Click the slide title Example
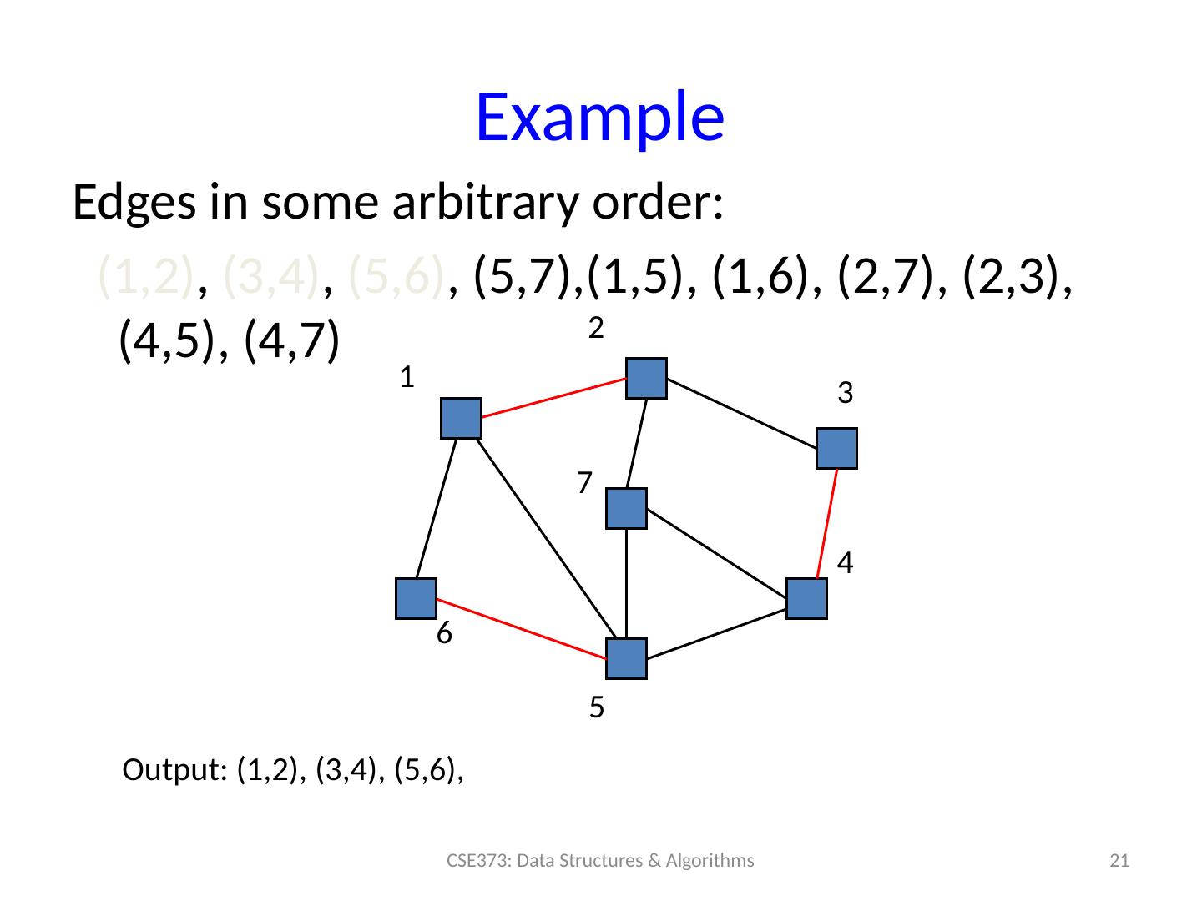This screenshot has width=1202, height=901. (x=598, y=117)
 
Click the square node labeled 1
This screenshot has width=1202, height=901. (x=461, y=418)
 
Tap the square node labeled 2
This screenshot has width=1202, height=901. (x=646, y=378)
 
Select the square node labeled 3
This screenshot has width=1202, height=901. (x=837, y=448)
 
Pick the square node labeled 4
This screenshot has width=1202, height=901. (x=806, y=598)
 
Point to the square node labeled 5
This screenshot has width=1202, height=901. (x=626, y=658)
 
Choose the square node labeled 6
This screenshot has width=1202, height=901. (x=416, y=598)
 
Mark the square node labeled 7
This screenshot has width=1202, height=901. (x=626, y=508)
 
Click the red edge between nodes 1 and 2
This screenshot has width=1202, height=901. (x=553, y=397)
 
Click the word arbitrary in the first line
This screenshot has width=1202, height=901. (x=478, y=203)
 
